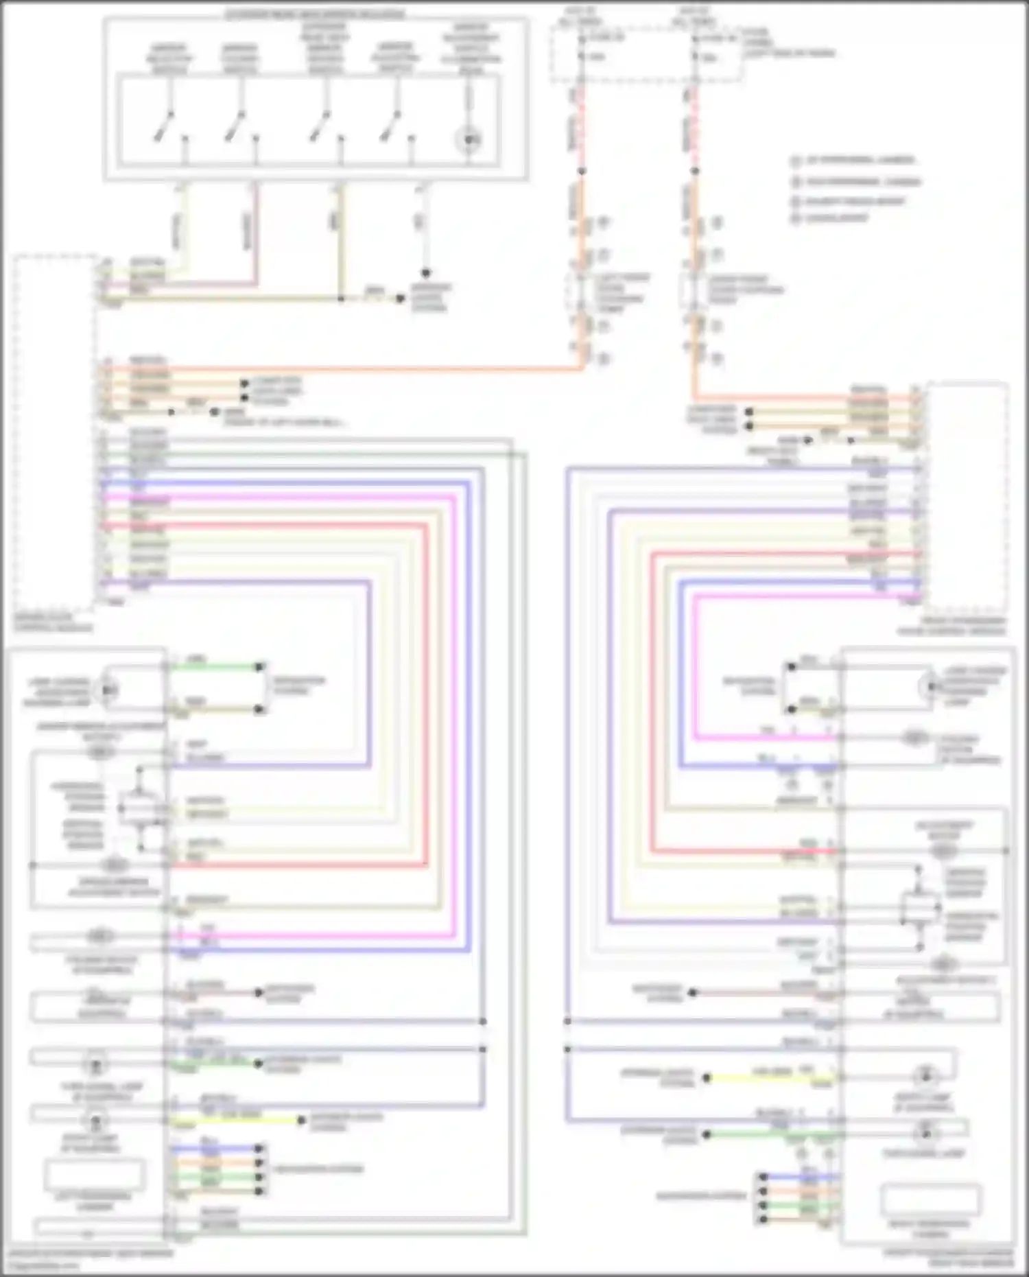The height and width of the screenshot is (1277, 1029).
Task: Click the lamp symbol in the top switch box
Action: pyautogui.click(x=469, y=140)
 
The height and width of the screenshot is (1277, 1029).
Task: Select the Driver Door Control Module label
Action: pyautogui.click(x=53, y=622)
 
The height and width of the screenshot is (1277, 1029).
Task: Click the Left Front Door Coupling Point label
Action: pyautogui.click(x=621, y=292)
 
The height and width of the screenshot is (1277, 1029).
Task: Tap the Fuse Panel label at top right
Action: pyautogui.click(x=789, y=43)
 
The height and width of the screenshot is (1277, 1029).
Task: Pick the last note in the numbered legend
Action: pyautogui.click(x=830, y=218)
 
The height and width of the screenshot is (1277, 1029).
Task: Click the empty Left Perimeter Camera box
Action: pyautogui.click(x=95, y=1174)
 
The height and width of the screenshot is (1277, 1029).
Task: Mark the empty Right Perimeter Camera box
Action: pyautogui.click(x=930, y=1199)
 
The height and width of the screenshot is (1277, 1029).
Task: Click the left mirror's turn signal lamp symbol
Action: pyautogui.click(x=95, y=1066)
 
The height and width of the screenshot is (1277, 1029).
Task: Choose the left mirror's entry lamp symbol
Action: pyautogui.click(x=95, y=1123)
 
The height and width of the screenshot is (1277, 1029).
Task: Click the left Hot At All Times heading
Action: pyautogui.click(x=580, y=16)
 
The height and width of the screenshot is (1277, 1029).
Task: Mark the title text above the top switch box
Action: pyautogui.click(x=315, y=14)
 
